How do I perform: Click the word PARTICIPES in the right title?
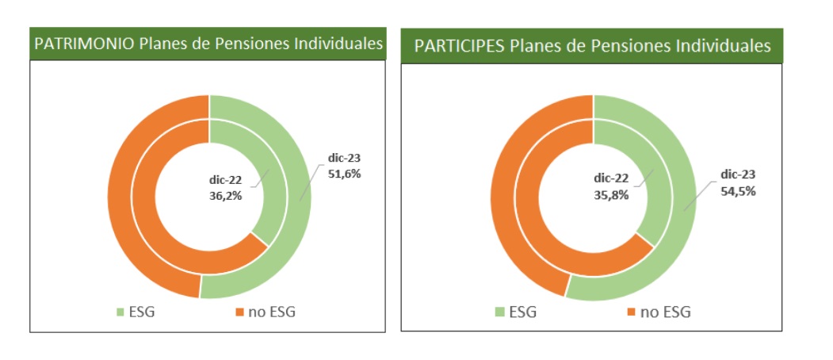tap(458, 46)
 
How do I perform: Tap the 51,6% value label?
tap(343, 174)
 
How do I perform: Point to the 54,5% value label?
tap(738, 191)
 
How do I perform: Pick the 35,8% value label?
tap(611, 194)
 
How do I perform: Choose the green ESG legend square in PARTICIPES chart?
tap(499, 312)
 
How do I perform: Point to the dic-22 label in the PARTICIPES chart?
tap(611, 180)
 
